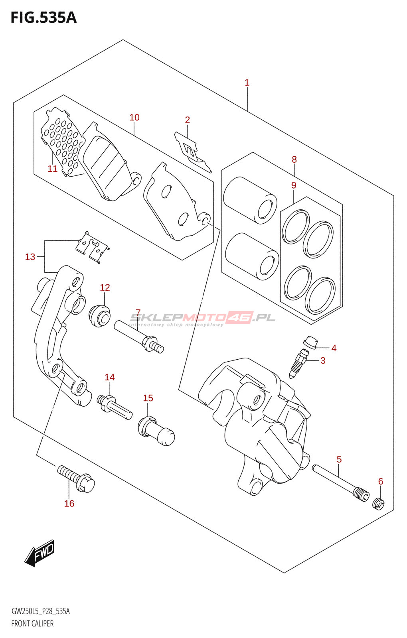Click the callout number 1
[247, 83]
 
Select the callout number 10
[134, 117]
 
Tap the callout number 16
[69, 504]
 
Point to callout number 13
[30, 257]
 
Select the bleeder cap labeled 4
[311, 342]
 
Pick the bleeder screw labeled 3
[298, 363]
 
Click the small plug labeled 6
[378, 504]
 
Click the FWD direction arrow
[40, 553]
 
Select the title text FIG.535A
[43, 18]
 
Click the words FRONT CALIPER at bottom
[32, 623]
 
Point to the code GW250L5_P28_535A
[40, 611]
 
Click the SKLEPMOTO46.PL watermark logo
[203, 318]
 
